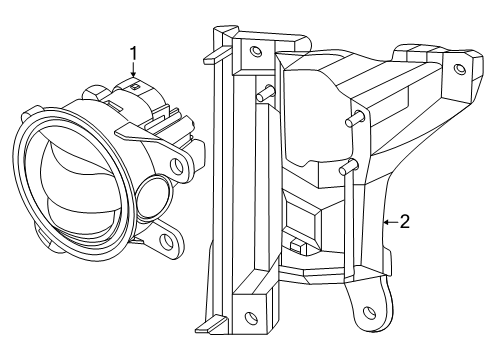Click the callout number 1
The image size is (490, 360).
(131, 50)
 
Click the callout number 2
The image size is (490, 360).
(403, 221)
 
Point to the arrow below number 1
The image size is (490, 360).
(131, 70)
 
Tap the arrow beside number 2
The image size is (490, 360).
(386, 221)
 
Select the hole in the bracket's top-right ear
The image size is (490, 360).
(459, 69)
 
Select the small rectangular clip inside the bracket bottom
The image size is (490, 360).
(295, 243)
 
